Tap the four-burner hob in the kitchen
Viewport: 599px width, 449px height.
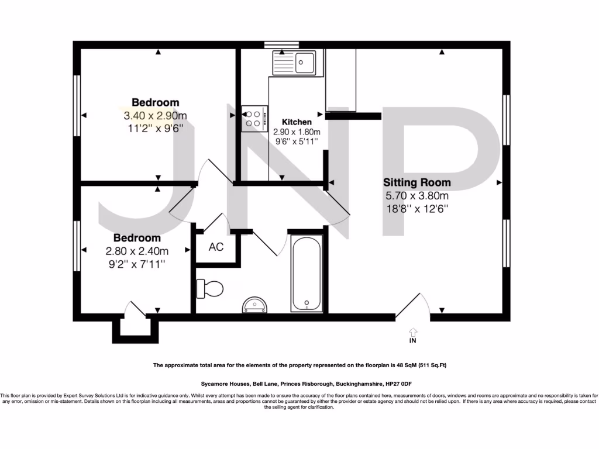(254, 119)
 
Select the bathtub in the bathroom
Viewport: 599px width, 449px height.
(306, 274)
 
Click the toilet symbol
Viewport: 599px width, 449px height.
(211, 288)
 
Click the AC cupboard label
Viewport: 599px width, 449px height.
(216, 247)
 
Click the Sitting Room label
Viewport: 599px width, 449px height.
(416, 182)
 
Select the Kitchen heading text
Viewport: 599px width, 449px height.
(297, 122)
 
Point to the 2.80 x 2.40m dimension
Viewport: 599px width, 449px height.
(137, 251)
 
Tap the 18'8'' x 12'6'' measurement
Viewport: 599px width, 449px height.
(416, 208)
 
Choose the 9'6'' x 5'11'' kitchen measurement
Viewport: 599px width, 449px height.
(297, 141)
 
